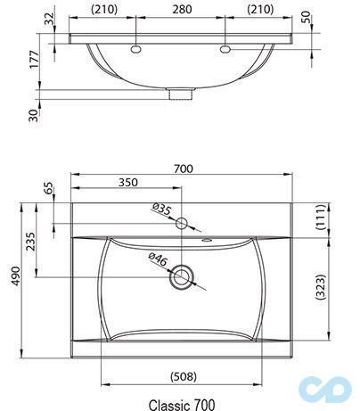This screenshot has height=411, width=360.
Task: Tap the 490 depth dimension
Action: tap(13, 278)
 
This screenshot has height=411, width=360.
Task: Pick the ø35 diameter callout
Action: tap(161, 210)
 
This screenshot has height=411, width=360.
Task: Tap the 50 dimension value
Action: tap(331, 18)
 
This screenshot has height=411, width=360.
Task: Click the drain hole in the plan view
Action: tap(183, 276)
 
